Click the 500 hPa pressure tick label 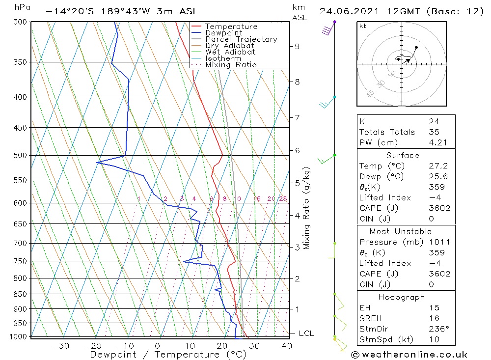[x=21, y=155]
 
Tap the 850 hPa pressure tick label [x=21, y=294]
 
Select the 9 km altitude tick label [x=297, y=46]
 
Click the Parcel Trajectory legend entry [x=241, y=39]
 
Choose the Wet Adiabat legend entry [x=230, y=52]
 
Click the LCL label [x=306, y=333]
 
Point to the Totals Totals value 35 [x=434, y=132]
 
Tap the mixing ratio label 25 [x=283, y=199]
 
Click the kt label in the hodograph [x=363, y=26]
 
